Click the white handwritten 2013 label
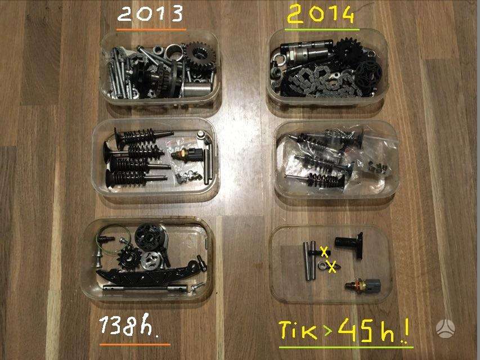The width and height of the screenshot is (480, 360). tap(150, 15)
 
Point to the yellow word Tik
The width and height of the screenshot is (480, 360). tap(298, 330)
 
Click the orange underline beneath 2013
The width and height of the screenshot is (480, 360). tap(151, 30)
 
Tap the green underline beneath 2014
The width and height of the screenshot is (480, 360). tap(322, 30)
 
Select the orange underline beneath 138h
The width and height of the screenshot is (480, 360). tap(135, 345)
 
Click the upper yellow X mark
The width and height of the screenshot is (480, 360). tap(325, 251)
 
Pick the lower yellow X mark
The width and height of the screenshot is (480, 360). tap(332, 267)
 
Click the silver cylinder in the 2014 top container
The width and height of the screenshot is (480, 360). tap(307, 51)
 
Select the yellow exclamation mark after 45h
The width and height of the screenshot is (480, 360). tap(406, 331)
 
